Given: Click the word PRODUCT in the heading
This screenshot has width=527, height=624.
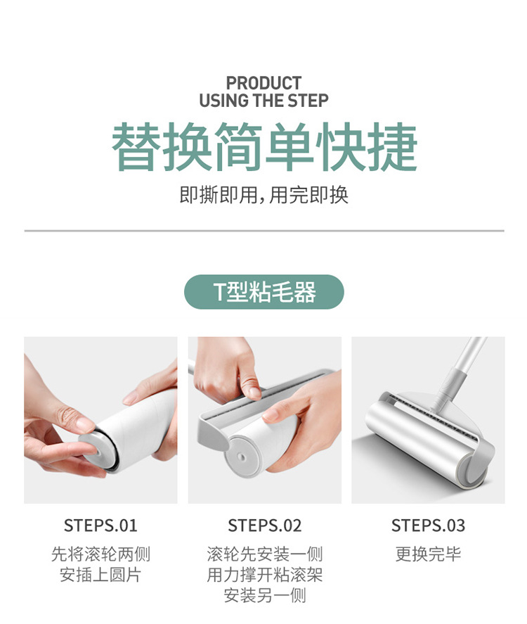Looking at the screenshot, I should tap(263, 83).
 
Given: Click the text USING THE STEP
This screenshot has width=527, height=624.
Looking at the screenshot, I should tap(263, 101).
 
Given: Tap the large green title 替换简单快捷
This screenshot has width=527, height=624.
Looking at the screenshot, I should tap(264, 148).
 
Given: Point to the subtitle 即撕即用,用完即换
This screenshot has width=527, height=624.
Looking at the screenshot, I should tap(264, 195).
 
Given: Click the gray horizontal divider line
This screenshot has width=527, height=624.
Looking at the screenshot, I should tap(264, 231).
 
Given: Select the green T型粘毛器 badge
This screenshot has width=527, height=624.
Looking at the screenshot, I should tap(264, 292).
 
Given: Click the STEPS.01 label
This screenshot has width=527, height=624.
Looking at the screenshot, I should tap(100, 526).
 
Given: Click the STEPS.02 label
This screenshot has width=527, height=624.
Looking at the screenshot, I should tap(264, 526).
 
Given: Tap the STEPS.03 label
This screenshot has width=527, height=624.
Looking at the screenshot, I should tap(428, 526).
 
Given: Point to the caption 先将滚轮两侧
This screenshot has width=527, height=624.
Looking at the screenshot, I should tap(100, 554).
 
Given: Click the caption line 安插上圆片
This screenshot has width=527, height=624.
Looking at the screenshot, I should tap(100, 575).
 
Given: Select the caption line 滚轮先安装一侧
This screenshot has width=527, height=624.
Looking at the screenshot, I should tap(264, 554).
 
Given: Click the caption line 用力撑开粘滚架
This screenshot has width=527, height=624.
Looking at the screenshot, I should tap(264, 575).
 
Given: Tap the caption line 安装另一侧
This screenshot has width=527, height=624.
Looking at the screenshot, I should tap(264, 596).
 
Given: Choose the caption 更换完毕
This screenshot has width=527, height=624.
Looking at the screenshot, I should tap(428, 554).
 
